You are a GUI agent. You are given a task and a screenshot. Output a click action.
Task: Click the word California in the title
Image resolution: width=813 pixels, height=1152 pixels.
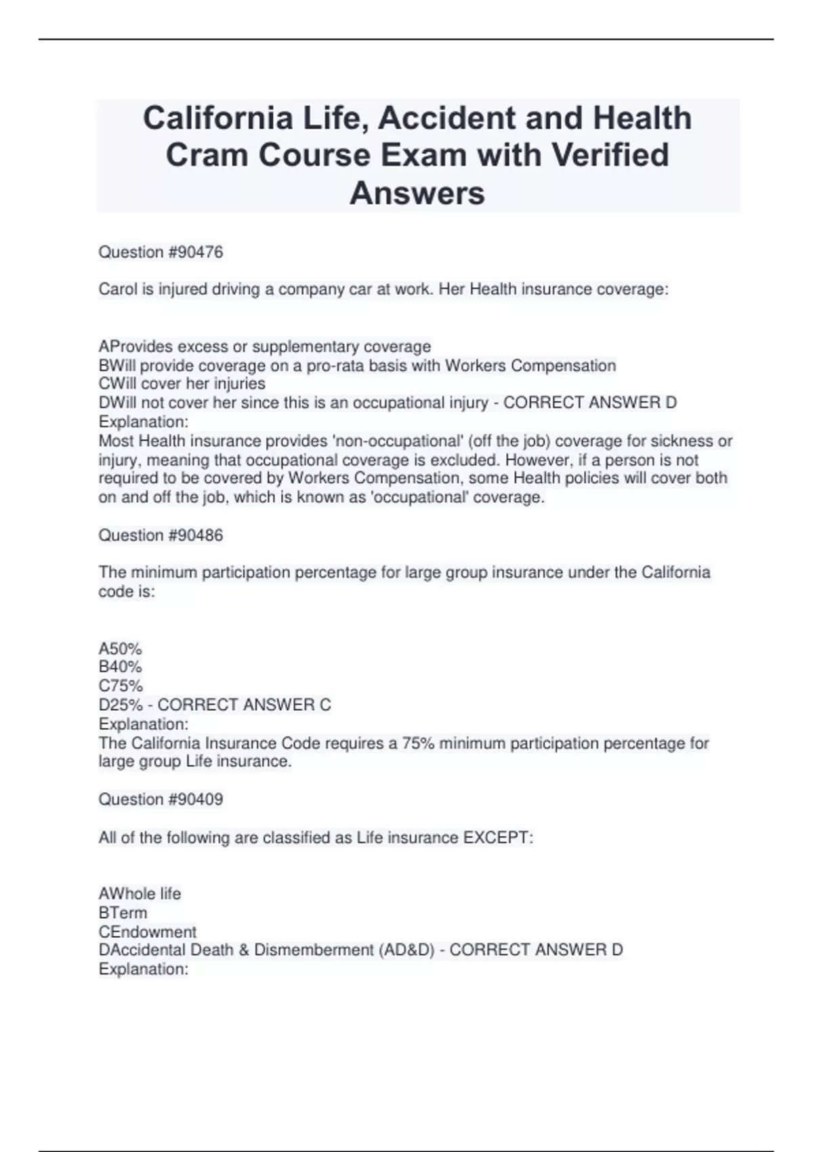pos(217,118)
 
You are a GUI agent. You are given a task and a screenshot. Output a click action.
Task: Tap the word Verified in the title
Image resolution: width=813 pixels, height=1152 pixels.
pos(609,155)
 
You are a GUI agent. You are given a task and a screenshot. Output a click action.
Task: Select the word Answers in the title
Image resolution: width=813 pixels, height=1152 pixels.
pos(417,192)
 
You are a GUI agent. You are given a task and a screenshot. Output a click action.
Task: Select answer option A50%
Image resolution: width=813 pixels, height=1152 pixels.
pos(120,649)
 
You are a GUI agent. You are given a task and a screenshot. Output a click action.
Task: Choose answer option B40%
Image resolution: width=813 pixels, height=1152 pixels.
pos(120,667)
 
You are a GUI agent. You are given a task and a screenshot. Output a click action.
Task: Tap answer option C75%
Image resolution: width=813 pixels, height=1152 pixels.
pos(121,686)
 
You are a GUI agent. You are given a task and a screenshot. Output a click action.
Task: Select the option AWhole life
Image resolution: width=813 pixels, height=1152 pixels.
pos(140,894)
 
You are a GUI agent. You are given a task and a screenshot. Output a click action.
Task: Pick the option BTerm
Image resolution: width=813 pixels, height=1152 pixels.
pos(123,913)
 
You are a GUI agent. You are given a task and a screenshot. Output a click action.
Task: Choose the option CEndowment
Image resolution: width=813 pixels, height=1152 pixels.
pos(148,932)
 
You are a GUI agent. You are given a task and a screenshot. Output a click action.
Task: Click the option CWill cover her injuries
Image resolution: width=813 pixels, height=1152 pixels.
pos(182,384)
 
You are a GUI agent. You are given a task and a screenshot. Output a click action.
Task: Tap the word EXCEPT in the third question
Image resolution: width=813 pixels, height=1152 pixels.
pos(497,838)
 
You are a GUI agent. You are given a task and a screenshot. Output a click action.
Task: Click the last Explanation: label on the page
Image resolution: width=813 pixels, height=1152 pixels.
pos(143,969)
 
